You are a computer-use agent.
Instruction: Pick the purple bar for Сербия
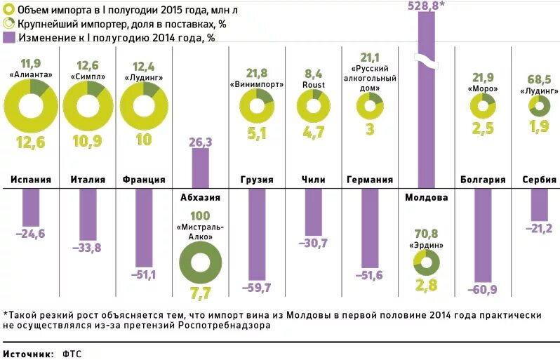pos(539,204)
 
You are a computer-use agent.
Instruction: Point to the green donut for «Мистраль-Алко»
pos(200,265)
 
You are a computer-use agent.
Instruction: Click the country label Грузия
pos(256,180)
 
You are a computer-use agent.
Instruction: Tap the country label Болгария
pos(483,180)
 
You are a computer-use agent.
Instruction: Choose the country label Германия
pos(370,180)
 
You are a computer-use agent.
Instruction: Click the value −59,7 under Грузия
pos(256,287)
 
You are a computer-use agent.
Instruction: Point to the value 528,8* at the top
pos(426,6)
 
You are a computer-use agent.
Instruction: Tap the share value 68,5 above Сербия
pos(539,79)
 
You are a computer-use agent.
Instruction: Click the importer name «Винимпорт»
pos(256,84)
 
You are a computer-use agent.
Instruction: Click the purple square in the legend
pos(9,37)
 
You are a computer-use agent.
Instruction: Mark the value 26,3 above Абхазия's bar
pos(201,142)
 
